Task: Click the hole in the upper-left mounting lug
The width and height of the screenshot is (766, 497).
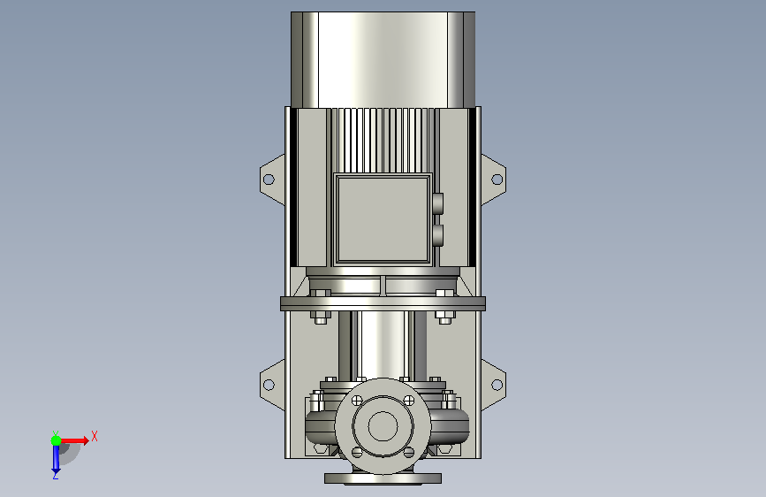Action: tap(269, 180)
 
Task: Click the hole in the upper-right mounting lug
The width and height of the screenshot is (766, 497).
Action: tap(497, 180)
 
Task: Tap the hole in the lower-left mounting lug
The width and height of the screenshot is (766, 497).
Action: tap(269, 385)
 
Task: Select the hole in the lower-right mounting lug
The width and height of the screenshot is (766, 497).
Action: tap(497, 385)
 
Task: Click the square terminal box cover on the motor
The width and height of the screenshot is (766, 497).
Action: tap(383, 218)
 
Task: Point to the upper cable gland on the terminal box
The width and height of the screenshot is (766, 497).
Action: tap(437, 203)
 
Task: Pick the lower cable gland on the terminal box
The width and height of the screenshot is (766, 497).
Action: tap(437, 235)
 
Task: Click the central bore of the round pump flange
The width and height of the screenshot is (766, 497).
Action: tap(383, 426)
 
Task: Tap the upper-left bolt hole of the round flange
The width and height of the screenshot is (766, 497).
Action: tap(357, 401)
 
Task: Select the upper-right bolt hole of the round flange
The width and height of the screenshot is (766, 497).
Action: tap(409, 401)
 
